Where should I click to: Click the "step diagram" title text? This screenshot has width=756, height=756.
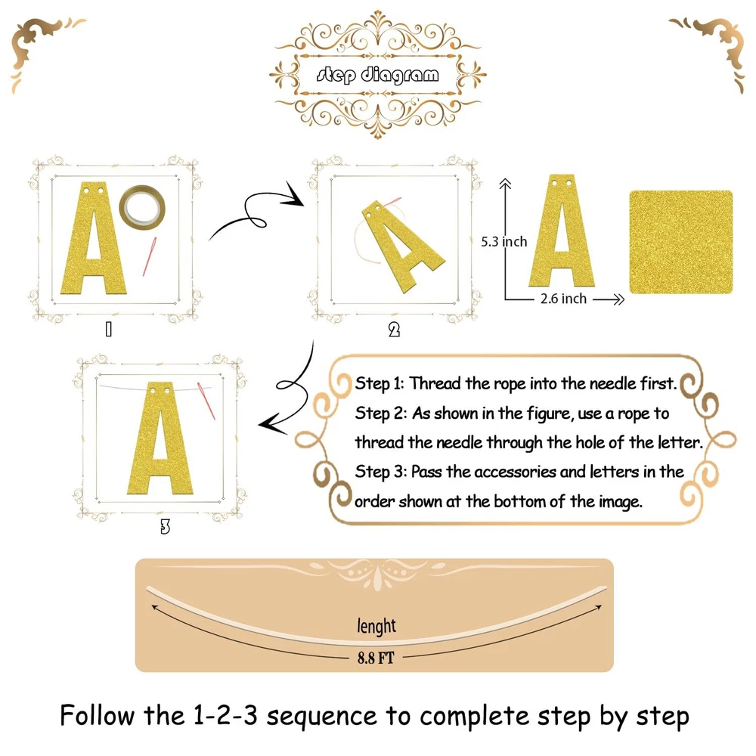point(377,75)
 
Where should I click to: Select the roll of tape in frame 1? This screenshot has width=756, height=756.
point(142,207)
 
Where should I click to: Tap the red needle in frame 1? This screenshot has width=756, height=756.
point(150,256)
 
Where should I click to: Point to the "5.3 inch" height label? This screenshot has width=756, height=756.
point(503,242)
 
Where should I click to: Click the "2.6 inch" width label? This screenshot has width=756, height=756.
point(563,299)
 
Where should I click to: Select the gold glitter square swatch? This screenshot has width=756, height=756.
point(681,242)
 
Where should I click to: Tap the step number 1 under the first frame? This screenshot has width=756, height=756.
point(109,330)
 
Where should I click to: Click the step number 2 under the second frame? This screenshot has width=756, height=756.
point(394,330)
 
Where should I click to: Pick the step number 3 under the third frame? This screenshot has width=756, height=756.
point(165,527)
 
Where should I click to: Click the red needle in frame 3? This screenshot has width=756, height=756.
point(206,400)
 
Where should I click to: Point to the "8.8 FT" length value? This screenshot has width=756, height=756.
point(376,658)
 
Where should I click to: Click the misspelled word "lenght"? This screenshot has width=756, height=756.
point(376,626)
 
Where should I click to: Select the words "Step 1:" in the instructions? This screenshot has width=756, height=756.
point(379,383)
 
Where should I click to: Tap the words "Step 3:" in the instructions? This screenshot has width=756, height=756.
point(380,472)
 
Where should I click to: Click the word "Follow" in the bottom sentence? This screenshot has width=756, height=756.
point(98,715)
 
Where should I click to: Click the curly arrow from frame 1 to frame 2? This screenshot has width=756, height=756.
point(256,212)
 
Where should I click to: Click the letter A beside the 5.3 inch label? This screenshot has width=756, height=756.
point(562,231)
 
